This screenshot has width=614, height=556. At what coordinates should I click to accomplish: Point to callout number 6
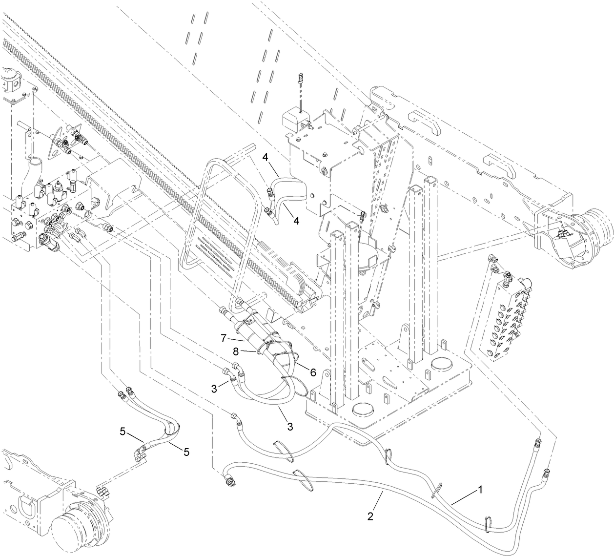(x=313, y=372)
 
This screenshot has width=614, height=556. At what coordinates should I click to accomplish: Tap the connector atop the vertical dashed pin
(x=300, y=78)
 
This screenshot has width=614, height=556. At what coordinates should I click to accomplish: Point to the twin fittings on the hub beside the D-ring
(x=102, y=488)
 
